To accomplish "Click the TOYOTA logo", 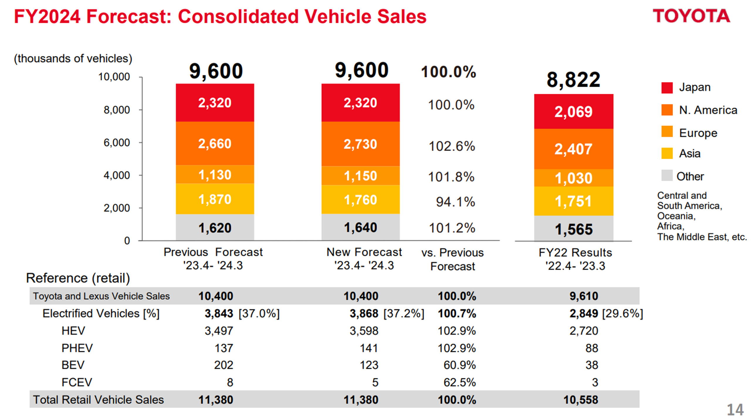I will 691,16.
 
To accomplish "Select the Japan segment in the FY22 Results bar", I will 573,111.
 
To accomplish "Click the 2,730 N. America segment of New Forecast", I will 360,144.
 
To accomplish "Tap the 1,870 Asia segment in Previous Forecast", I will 215,199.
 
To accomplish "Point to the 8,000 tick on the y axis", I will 117,110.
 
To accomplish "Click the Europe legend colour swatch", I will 667,132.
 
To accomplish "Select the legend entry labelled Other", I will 689,176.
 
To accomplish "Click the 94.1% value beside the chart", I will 455,202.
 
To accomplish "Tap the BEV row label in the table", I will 73,365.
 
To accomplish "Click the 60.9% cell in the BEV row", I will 459,365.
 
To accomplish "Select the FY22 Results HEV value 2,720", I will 583,331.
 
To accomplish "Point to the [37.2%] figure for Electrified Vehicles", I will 404,313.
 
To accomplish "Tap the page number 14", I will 735,410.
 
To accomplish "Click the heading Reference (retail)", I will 78,278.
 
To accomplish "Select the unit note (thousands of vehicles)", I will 73,59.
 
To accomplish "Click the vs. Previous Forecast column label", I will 452,259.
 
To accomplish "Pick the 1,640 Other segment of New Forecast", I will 360,228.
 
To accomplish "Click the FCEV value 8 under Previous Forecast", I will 230,382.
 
